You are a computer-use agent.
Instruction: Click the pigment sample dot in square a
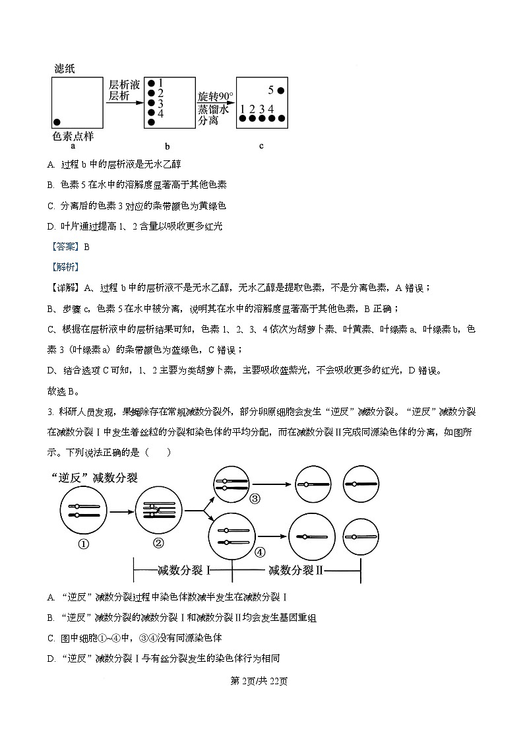pos(57,121)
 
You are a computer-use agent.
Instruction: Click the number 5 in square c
pos(270,90)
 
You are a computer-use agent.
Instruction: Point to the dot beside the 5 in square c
pos(281,90)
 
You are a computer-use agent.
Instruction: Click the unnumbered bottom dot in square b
pos(152,123)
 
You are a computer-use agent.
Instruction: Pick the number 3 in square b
pos(161,103)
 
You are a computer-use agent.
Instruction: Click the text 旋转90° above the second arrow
pos(216,97)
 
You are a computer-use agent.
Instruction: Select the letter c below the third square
pos(261,145)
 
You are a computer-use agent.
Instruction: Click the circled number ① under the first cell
pos(84,544)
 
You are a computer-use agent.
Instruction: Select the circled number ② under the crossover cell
pos(158,543)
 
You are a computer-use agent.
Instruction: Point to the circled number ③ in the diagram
pos(255,499)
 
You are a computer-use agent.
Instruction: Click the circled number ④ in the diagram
pos(260,551)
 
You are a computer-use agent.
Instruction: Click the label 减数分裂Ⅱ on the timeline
pos(293,569)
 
